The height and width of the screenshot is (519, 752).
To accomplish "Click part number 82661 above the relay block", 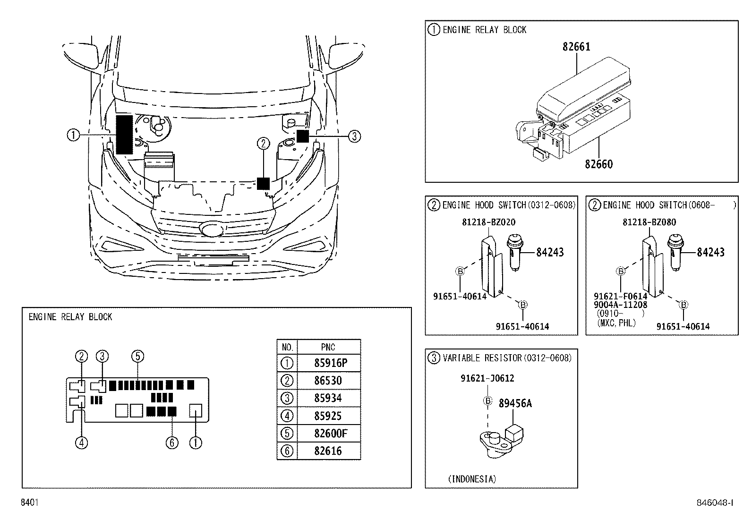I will pyautogui.click(x=576, y=47).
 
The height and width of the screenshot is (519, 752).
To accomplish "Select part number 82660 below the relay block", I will pyautogui.click(x=598, y=164).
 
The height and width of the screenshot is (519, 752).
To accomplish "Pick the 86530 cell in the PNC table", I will pyautogui.click(x=328, y=381).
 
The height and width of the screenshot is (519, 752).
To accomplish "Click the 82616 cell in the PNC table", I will pyautogui.click(x=328, y=451).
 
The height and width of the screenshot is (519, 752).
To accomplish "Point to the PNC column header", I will pyautogui.click(x=328, y=347).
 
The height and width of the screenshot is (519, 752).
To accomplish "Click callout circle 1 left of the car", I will pyautogui.click(x=73, y=136).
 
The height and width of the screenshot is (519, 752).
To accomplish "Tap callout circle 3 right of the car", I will pyautogui.click(x=354, y=136).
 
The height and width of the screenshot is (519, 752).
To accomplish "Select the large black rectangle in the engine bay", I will pyautogui.click(x=124, y=135).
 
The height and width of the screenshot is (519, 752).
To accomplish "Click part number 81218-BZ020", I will pyautogui.click(x=488, y=222).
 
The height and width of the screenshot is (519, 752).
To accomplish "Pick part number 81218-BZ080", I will pyautogui.click(x=649, y=222).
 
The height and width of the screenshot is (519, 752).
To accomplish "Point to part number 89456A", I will pyautogui.click(x=515, y=403).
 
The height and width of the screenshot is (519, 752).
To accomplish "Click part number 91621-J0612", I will pyautogui.click(x=487, y=378).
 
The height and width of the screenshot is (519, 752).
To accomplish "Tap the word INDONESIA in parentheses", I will pyautogui.click(x=472, y=479).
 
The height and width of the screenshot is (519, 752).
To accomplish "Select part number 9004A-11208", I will pyautogui.click(x=620, y=305).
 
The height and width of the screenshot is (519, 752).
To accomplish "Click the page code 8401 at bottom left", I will pyautogui.click(x=29, y=503).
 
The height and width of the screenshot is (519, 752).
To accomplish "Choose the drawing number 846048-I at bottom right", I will pyautogui.click(x=715, y=503).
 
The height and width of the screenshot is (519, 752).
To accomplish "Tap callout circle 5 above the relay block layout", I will pyautogui.click(x=137, y=356).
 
